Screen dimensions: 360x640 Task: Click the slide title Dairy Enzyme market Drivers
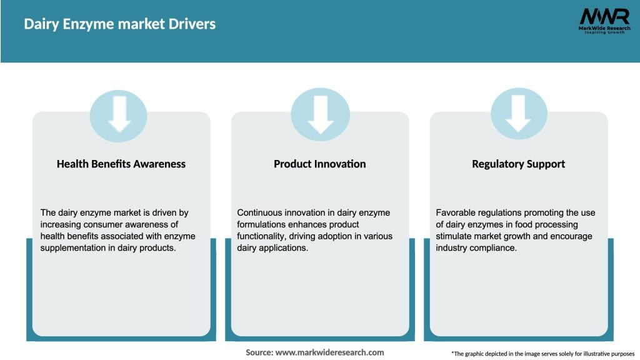click(x=119, y=24)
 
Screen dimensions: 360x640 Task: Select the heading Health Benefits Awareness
click(x=121, y=164)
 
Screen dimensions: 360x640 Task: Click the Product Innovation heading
click(x=319, y=164)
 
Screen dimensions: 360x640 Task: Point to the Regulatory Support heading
click(x=518, y=164)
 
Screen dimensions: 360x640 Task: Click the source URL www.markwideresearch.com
click(x=329, y=352)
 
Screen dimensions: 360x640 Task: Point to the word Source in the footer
click(x=259, y=352)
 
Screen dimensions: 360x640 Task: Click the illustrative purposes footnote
click(x=542, y=354)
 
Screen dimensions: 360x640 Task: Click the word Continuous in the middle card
click(x=261, y=213)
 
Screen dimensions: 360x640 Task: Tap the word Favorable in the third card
click(x=457, y=213)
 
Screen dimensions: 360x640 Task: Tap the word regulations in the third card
click(x=504, y=213)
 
